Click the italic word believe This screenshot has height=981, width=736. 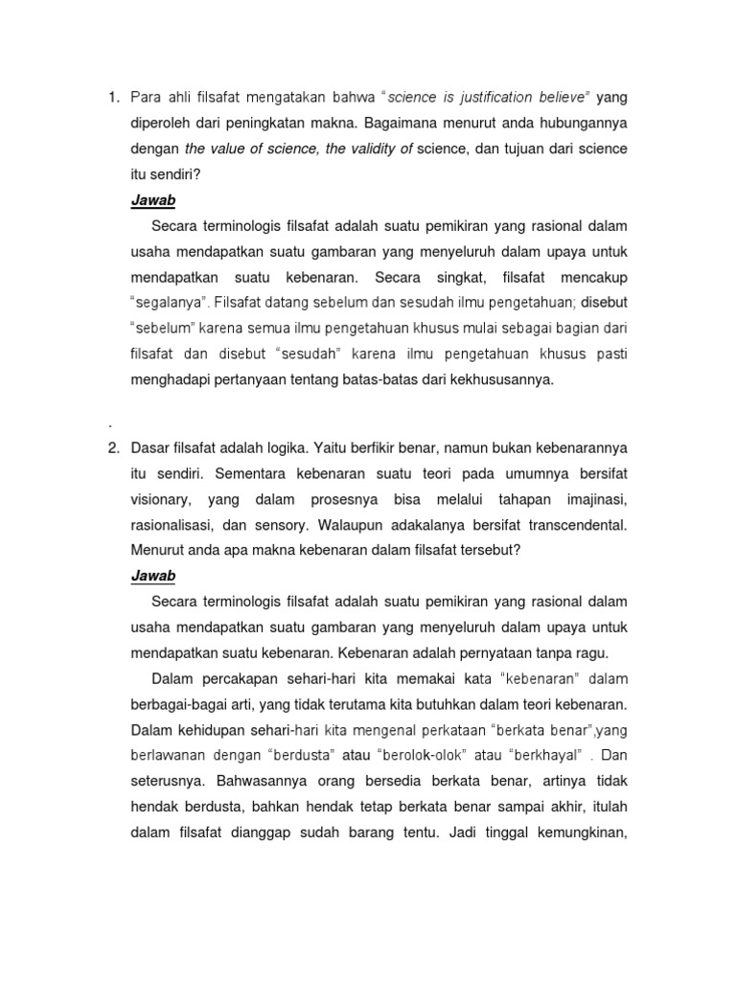tap(563, 98)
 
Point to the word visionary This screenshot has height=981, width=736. tap(160, 499)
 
